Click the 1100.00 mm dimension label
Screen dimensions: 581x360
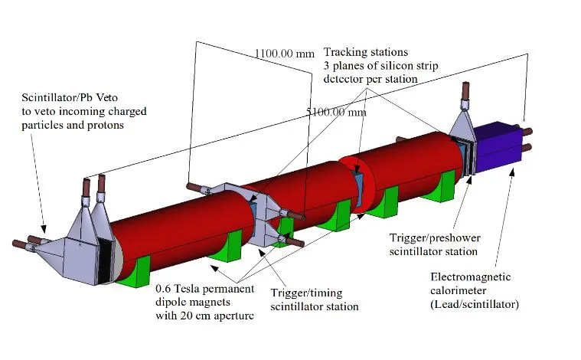click(x=284, y=54)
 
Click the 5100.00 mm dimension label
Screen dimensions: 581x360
click(x=337, y=112)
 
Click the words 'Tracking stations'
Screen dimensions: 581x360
click(x=366, y=52)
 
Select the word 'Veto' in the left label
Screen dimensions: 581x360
click(x=106, y=97)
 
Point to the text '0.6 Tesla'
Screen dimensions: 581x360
click(x=178, y=289)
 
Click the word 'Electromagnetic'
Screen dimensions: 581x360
click(x=471, y=277)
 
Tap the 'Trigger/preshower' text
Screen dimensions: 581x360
click(x=435, y=238)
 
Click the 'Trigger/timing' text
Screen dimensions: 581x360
click(x=306, y=293)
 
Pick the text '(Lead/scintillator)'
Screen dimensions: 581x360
click(x=475, y=304)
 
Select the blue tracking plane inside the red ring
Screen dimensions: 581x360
click(x=358, y=187)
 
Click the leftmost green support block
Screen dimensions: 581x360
click(x=132, y=273)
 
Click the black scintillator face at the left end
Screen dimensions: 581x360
click(x=105, y=260)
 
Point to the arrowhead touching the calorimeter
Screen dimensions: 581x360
click(x=513, y=172)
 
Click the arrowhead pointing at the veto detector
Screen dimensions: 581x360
click(x=44, y=229)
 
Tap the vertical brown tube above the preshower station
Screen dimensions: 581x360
click(x=465, y=91)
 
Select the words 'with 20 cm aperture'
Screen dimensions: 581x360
click(x=204, y=316)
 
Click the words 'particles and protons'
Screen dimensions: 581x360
click(x=73, y=126)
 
